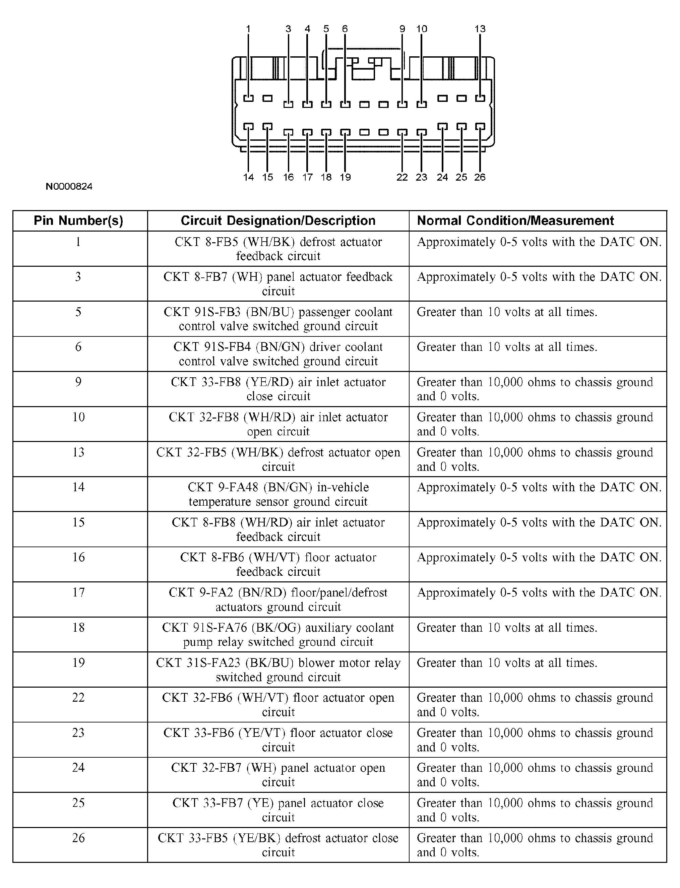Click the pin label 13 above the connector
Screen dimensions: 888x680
point(480,29)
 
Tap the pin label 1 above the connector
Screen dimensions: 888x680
point(248,29)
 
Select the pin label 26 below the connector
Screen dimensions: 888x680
point(480,177)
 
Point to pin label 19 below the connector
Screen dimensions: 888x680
point(345,177)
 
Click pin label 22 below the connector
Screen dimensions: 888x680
point(402,177)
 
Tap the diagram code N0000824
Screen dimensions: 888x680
point(69,187)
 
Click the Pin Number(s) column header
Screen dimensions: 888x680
point(78,220)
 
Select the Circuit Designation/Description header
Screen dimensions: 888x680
point(278,220)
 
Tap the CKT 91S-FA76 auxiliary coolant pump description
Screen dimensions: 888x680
point(278,635)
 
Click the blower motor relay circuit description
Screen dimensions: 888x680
point(278,670)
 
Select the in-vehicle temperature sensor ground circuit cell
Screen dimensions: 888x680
point(278,494)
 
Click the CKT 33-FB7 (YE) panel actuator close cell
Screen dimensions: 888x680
point(278,810)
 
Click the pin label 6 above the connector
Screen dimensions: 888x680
point(345,29)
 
